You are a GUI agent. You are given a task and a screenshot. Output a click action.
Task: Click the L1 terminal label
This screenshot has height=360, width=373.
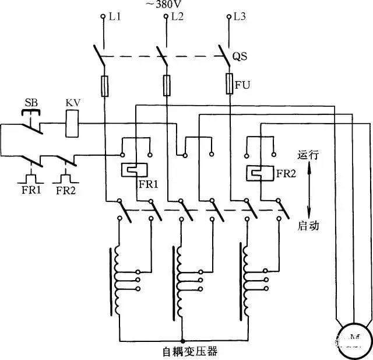(x=115, y=17)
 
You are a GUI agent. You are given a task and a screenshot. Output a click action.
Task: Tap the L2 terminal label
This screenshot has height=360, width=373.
(x=177, y=17)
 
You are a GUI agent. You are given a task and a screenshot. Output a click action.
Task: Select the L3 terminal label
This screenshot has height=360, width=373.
(x=240, y=17)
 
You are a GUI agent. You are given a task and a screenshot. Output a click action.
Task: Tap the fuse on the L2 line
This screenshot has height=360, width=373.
(x=167, y=85)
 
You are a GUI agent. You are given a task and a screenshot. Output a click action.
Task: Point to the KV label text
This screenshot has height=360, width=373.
(x=72, y=103)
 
